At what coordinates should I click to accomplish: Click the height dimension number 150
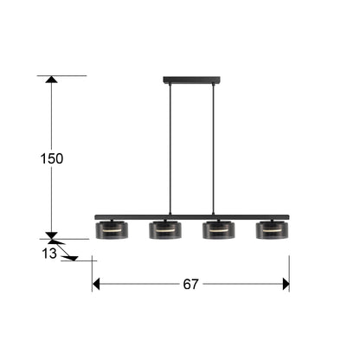[x=52, y=158]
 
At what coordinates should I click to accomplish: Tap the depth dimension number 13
[x=49, y=254]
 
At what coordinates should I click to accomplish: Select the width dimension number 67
[x=190, y=285]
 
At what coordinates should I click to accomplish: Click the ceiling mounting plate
[x=191, y=80]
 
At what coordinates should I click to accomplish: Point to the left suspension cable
[x=170, y=149]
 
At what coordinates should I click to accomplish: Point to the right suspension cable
[x=214, y=149]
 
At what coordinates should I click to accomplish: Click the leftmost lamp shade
[x=112, y=230]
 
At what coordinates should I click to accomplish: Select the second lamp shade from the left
[x=165, y=230]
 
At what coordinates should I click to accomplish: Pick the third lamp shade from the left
[x=219, y=230]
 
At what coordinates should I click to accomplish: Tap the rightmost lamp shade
[x=273, y=230]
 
